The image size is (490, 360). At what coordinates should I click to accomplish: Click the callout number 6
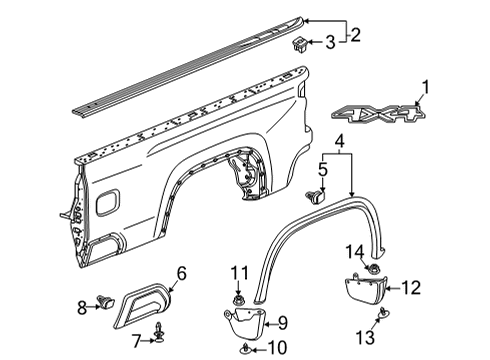point(181,272)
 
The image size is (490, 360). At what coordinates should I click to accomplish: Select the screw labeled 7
point(158,327)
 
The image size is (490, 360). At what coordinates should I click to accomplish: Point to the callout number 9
point(282,323)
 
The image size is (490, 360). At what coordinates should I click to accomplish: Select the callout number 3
point(329,42)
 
